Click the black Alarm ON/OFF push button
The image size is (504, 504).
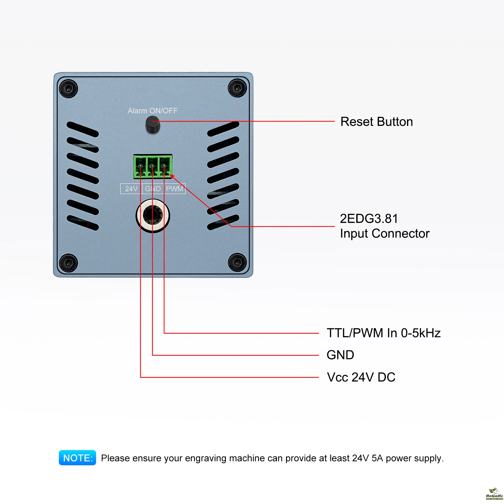pyautogui.click(x=153, y=124)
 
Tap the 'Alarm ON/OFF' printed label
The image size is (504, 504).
pyautogui.click(x=152, y=111)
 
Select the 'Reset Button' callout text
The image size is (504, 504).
pyautogui.click(x=376, y=122)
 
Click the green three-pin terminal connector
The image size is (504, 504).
pyautogui.click(x=152, y=166)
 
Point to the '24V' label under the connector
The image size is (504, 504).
pyautogui.click(x=131, y=189)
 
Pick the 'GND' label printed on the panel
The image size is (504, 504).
pyautogui.click(x=153, y=189)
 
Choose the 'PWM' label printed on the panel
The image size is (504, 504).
pyautogui.click(x=175, y=189)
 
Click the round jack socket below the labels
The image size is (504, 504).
pyautogui.click(x=153, y=215)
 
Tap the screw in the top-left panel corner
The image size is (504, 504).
pyautogui.click(x=68, y=89)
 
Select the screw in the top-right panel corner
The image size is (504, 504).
pyautogui.click(x=237, y=88)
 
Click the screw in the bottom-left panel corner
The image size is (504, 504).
pyautogui.click(x=68, y=263)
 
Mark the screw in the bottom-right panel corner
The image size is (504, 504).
pyautogui.click(x=237, y=262)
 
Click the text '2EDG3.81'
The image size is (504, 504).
pyautogui.click(x=369, y=219)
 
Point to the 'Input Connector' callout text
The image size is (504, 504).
pyautogui.click(x=385, y=233)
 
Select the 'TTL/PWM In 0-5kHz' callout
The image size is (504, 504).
pyautogui.click(x=383, y=333)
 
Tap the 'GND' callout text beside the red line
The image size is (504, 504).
pyautogui.click(x=340, y=355)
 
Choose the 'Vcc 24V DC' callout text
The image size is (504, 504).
pyautogui.click(x=361, y=377)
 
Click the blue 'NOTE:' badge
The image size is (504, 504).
pyautogui.click(x=77, y=458)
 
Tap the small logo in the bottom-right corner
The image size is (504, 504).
pyautogui.click(x=494, y=494)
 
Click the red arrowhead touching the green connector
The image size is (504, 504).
pyautogui.click(x=172, y=176)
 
